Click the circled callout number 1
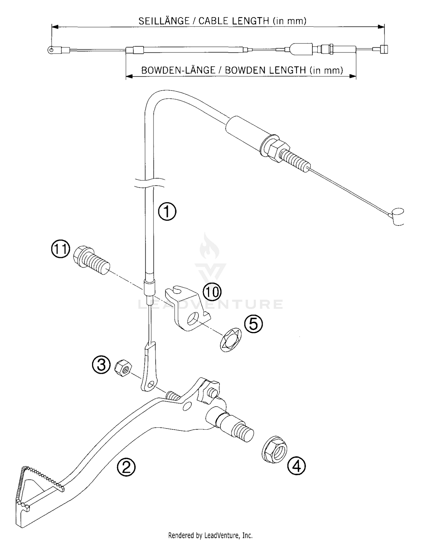[x=167, y=211]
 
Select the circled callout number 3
[x=101, y=365]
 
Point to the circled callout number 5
[x=253, y=324]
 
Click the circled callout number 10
[x=212, y=292]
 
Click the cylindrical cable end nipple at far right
[x=397, y=216]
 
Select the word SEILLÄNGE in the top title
[x=164, y=21]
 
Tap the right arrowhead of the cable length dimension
[x=381, y=27]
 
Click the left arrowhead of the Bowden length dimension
[x=129, y=76]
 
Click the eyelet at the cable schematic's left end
[x=51, y=50]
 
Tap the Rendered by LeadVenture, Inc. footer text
[x=210, y=535]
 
